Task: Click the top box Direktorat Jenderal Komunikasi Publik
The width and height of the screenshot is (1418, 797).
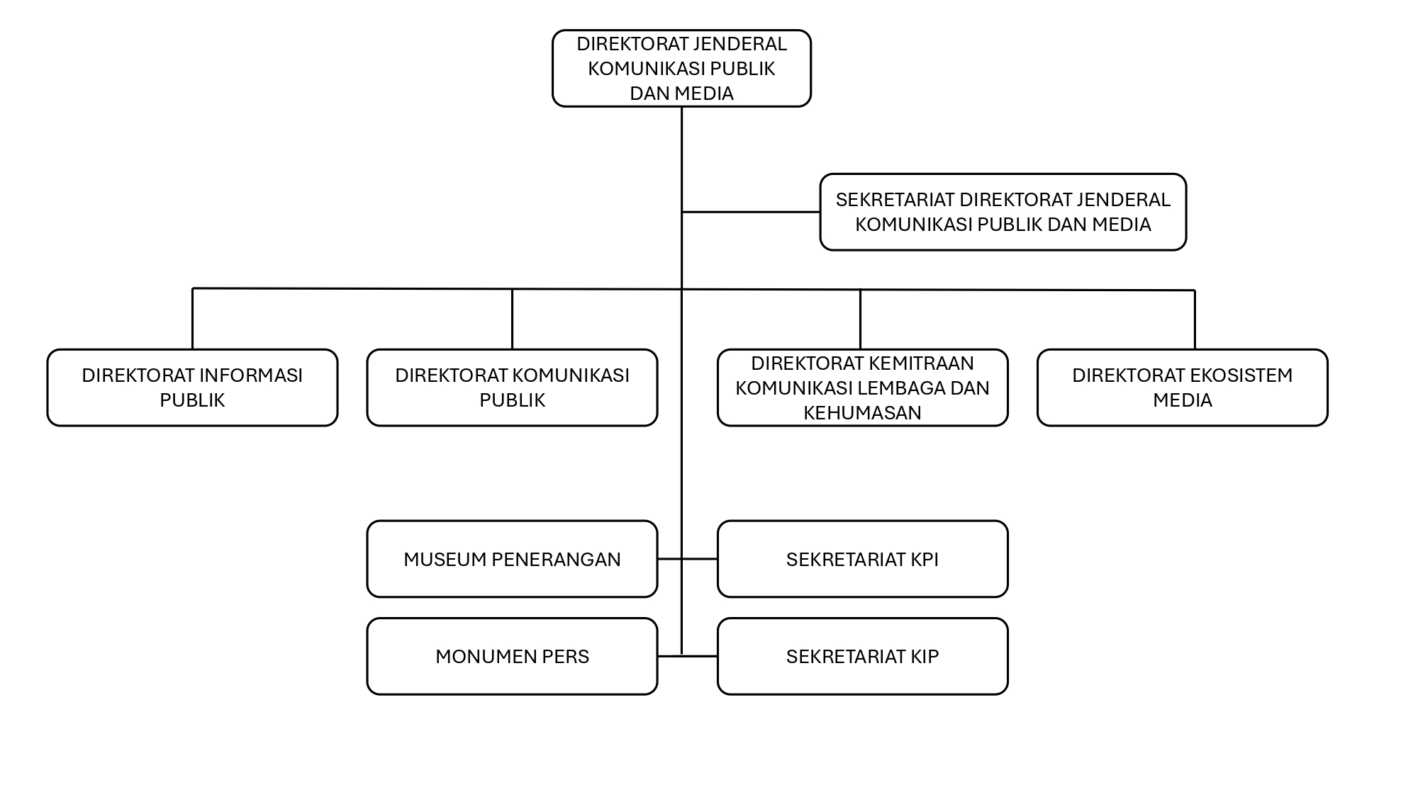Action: [x=681, y=69]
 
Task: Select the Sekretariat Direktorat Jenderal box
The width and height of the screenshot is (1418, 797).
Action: [x=1003, y=212]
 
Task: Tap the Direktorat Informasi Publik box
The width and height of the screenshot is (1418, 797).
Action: [x=192, y=388]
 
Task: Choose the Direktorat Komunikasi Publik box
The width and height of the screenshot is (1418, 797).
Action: [x=512, y=388]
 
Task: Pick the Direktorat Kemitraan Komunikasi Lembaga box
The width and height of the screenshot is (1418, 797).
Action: [x=862, y=388]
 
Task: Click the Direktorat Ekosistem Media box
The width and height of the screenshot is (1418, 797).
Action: [x=1182, y=388]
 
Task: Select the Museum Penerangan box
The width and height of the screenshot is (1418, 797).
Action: [x=512, y=559]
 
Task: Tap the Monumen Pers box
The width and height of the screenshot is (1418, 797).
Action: [x=512, y=656]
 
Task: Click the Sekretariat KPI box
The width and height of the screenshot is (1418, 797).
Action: [x=862, y=559]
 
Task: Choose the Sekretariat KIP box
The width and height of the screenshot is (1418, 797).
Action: [x=862, y=656]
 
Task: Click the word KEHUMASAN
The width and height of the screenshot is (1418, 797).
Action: [x=862, y=412]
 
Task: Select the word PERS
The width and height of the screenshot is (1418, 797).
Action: [x=566, y=657]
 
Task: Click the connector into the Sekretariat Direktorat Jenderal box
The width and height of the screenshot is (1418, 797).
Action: [x=752, y=212]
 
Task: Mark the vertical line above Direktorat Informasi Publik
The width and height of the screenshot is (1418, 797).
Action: [x=192, y=319]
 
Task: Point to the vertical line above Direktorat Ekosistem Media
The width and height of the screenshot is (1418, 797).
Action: [x=1195, y=320]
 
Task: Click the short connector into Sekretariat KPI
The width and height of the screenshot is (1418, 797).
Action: [x=700, y=559]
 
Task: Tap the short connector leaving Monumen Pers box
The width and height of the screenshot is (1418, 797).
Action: [x=669, y=657]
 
